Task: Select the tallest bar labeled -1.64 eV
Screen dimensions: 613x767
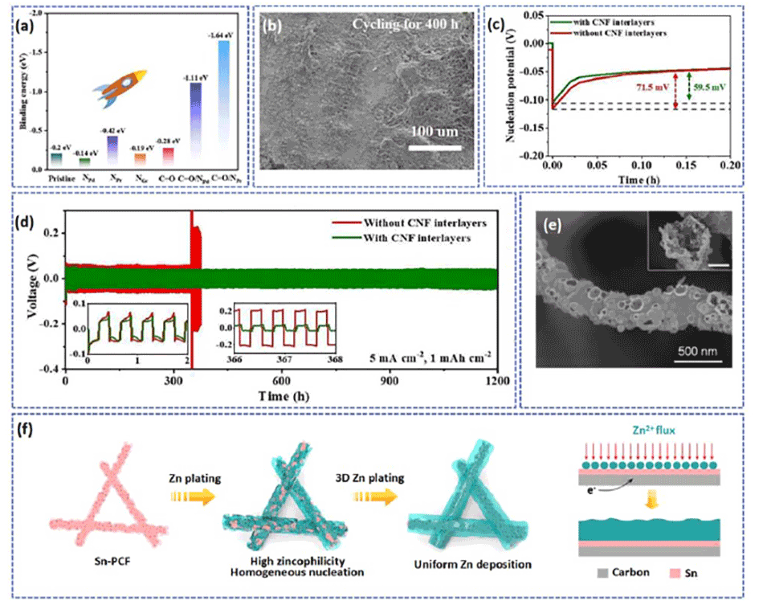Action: pos(224,104)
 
